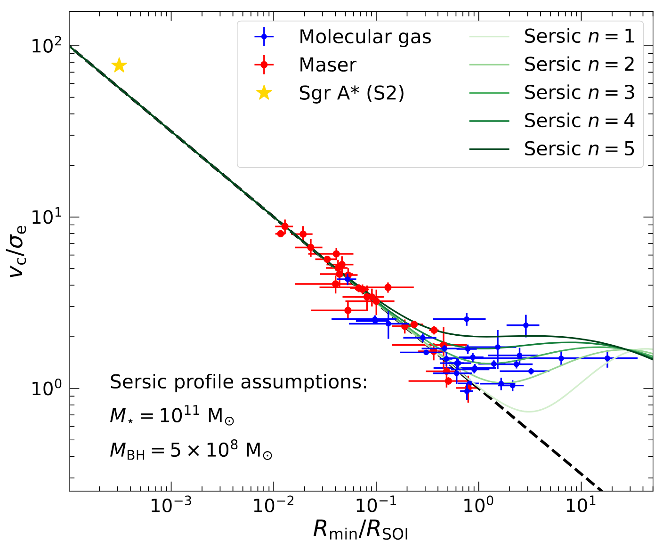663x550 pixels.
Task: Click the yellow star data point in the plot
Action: click(120, 65)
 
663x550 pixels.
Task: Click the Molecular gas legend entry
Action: click(365, 37)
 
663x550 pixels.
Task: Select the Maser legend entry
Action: click(327, 65)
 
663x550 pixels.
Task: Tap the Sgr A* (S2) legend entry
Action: click(351, 93)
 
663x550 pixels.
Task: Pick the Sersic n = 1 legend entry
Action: click(579, 36)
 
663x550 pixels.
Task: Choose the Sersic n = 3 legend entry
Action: click(579, 93)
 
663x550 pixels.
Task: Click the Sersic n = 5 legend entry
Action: click(579, 149)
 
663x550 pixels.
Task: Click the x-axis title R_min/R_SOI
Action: click(361, 530)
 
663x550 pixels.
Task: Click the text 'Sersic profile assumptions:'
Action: click(238, 382)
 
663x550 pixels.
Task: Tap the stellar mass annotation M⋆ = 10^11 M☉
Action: click(172, 416)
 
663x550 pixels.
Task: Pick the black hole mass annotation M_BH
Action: click(191, 451)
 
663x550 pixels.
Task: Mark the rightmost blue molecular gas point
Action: click(607, 358)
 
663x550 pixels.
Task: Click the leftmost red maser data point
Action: click(281, 234)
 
